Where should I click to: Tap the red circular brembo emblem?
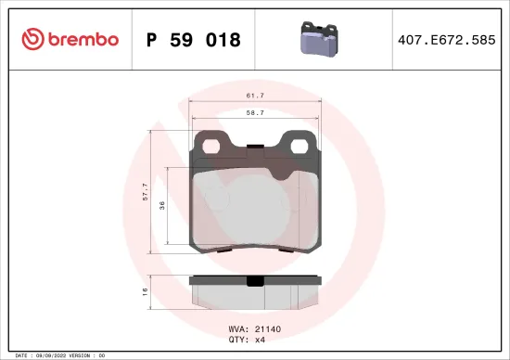click(32, 39)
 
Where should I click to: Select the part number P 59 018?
click(194, 40)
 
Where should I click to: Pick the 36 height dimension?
click(162, 206)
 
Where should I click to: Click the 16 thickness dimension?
click(145, 291)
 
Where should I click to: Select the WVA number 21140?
click(269, 328)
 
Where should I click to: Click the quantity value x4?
click(260, 340)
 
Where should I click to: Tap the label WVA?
click(238, 328)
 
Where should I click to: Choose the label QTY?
click(238, 340)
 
